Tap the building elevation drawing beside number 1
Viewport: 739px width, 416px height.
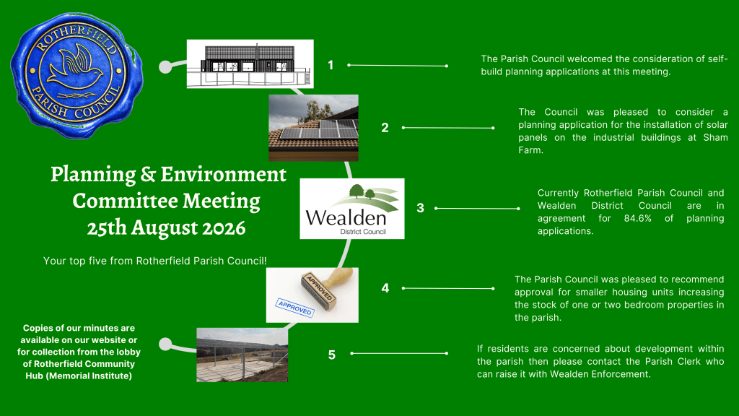click(250, 64)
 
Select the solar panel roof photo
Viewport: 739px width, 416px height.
click(313, 128)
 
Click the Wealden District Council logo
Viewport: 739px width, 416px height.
click(352, 209)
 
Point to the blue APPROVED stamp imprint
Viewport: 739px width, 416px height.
click(295, 308)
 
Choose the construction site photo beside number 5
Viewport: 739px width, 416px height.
click(242, 355)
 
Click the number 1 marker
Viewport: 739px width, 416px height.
click(331, 65)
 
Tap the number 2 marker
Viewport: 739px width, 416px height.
click(385, 128)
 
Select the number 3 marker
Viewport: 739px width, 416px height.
click(421, 208)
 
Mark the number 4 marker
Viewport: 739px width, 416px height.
click(385, 288)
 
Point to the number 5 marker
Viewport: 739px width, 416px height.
click(332, 355)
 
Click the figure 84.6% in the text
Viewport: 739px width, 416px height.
click(638, 218)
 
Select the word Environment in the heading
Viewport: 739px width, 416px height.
click(224, 174)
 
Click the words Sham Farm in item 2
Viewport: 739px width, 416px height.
click(623, 144)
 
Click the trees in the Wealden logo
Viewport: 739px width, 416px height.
click(362, 191)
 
